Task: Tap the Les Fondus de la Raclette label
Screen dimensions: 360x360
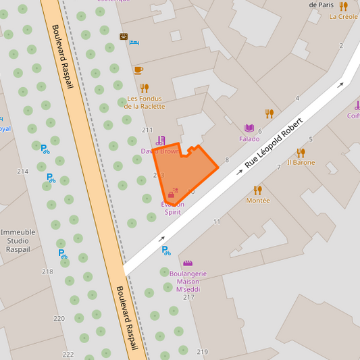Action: tap(145, 102)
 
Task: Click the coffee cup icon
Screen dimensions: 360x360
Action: tap(138, 70)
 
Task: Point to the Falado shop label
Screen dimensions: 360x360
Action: tap(249, 139)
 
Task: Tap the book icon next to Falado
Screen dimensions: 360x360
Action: tap(249, 128)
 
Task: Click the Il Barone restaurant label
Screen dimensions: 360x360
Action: tap(301, 162)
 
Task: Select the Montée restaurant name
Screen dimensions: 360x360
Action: tap(257, 201)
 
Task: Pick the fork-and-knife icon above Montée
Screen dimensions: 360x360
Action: tap(257, 190)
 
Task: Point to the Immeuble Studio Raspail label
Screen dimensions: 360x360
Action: tap(23, 240)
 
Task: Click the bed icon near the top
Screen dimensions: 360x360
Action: tap(134, 43)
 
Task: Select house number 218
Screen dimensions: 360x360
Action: tap(47, 272)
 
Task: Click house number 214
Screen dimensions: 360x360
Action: tap(23, 172)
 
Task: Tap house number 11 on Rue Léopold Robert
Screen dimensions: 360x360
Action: tap(217, 222)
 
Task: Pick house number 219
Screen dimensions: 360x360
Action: tap(203, 352)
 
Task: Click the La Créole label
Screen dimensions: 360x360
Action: tap(344, 17)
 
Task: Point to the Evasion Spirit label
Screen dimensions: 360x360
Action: tap(173, 208)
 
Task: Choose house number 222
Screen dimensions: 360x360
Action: tap(68, 354)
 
